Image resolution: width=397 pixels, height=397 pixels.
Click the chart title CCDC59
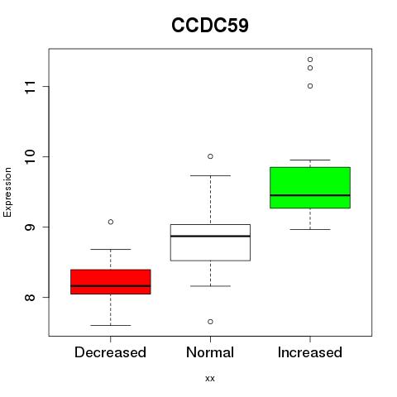(210, 26)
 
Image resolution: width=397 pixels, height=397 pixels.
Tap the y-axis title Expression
(7, 192)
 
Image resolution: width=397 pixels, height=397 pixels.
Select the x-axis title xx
(210, 379)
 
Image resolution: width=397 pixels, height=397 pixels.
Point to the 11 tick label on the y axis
(30, 87)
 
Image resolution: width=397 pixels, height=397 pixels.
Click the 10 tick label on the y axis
(30, 156)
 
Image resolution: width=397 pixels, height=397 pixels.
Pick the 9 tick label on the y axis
(30, 227)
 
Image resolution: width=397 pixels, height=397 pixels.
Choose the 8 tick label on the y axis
(30, 297)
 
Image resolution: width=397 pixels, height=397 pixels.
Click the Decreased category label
(110, 352)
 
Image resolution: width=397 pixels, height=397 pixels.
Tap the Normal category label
(210, 352)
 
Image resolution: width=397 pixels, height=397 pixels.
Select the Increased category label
(310, 352)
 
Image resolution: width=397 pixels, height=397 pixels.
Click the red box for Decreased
(111, 282)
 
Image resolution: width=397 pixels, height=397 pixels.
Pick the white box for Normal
(210, 242)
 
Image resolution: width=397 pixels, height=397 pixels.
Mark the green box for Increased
(310, 188)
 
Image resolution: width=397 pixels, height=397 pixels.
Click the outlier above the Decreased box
(111, 222)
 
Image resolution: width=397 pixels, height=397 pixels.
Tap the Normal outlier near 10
(210, 156)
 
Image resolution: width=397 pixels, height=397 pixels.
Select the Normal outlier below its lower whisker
(210, 322)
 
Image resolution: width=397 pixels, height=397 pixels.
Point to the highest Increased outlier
(310, 60)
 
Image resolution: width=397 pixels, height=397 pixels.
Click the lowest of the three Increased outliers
(310, 86)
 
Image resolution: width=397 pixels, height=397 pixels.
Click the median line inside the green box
(310, 195)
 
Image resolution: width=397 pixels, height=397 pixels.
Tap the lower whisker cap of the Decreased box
(111, 325)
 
